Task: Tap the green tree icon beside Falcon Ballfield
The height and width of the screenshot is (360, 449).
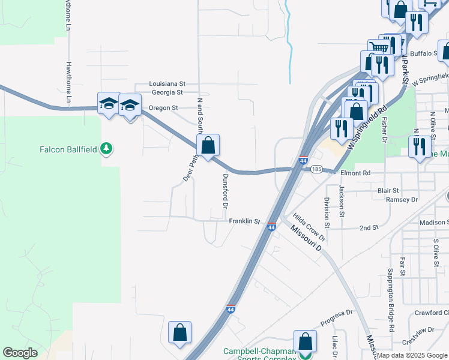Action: tap(106, 148)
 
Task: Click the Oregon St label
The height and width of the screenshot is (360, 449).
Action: tap(163, 108)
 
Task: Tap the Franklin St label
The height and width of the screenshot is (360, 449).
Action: tap(244, 221)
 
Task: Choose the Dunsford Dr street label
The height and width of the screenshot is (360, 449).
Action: tap(226, 191)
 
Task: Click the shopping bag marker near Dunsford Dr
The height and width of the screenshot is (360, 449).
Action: tap(208, 145)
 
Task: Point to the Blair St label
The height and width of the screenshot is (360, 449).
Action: tap(388, 190)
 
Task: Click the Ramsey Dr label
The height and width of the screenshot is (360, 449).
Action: tap(402, 199)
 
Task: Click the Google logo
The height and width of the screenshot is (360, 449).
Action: tap(20, 353)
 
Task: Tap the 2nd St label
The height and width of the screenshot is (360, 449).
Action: tap(369, 228)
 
